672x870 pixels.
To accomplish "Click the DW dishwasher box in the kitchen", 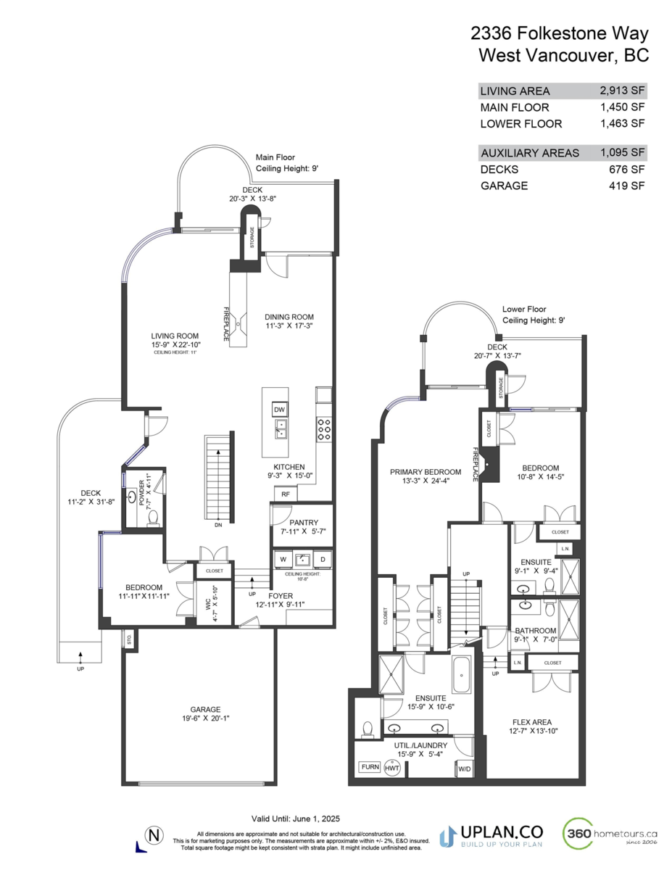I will click(279, 410).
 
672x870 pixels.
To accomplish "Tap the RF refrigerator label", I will click(285, 494).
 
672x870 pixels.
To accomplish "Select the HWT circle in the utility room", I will click(392, 768).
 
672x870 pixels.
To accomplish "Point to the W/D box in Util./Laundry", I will click(464, 768).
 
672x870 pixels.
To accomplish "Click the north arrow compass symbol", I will click(152, 834).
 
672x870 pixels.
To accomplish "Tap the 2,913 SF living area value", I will click(622, 91).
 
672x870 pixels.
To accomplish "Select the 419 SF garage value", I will click(628, 186).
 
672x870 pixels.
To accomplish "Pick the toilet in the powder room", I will click(153, 516).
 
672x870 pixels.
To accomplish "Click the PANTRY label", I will click(303, 522).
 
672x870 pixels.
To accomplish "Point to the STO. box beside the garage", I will click(130, 641).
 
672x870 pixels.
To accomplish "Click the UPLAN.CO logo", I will click(493, 835).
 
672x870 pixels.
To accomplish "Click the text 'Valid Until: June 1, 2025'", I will click(297, 816).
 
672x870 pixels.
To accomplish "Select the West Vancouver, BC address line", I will click(563, 55).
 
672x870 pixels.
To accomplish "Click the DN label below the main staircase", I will click(218, 526).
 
